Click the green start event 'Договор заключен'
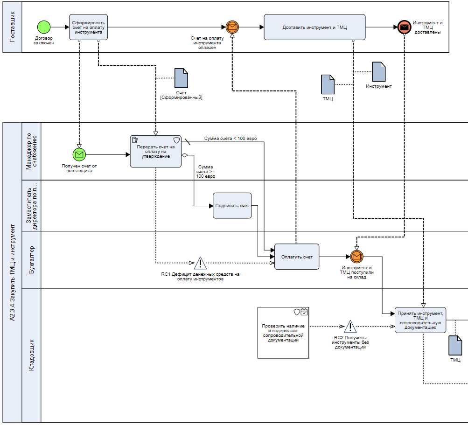click(44, 27)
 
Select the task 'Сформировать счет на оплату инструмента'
click(89, 27)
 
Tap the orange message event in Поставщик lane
click(231, 27)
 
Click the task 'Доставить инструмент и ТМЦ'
click(314, 27)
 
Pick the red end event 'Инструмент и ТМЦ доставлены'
click(404, 27)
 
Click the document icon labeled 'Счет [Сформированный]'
click(181, 78)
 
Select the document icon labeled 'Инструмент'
click(378, 71)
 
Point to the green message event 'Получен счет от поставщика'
click(79, 154)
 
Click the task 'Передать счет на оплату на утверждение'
click(155, 151)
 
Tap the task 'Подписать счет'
click(232, 206)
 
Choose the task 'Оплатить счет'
click(297, 257)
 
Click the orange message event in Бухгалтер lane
click(356, 256)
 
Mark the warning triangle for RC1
click(200, 263)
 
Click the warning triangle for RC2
click(350, 327)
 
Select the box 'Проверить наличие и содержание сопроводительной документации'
click(283, 333)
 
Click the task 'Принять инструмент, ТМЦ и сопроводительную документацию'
click(420, 320)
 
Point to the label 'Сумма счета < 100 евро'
click(230, 139)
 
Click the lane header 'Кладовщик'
click(32, 355)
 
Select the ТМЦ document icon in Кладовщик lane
click(455, 345)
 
